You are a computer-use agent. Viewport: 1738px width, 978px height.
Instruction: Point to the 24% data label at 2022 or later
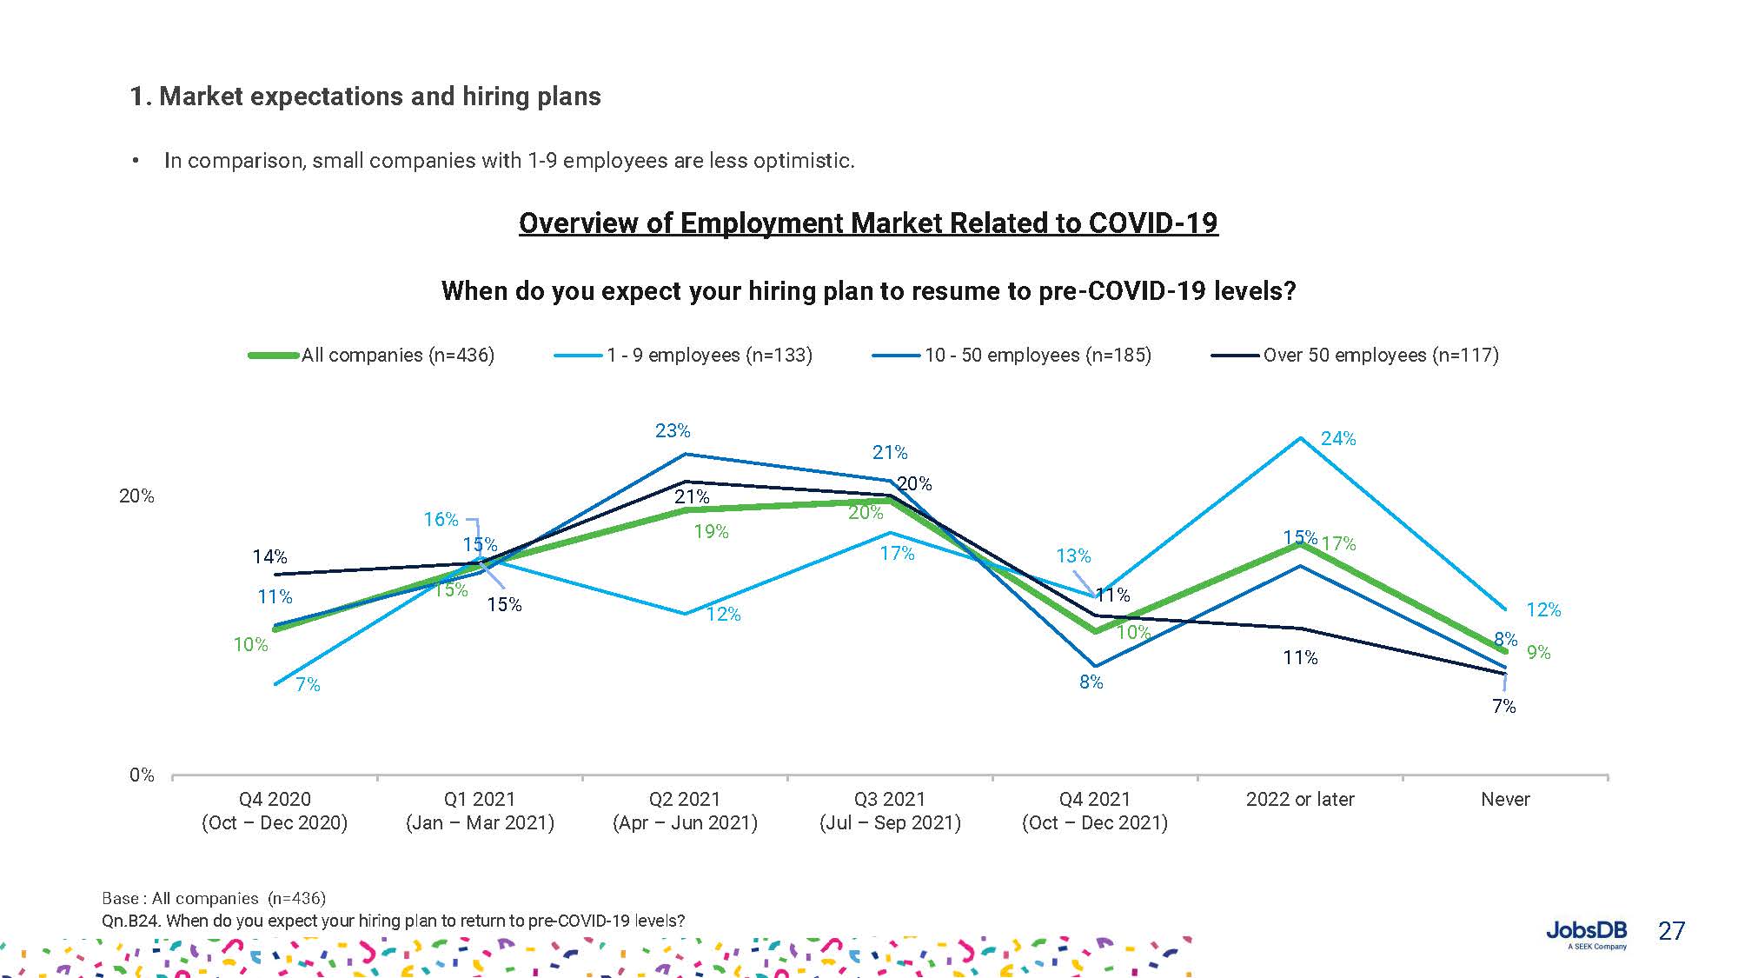(x=1337, y=439)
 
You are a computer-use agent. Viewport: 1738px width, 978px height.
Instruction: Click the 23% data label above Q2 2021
(x=673, y=430)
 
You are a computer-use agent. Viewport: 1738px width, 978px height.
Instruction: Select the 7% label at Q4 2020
(x=308, y=685)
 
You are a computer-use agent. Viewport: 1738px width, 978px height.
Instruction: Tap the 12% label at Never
(x=1543, y=610)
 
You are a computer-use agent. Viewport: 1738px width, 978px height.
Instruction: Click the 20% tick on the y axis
(x=136, y=496)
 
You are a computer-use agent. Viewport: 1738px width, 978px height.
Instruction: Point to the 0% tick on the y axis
(x=142, y=775)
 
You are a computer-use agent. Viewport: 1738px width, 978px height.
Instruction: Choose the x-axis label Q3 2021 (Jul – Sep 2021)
(x=890, y=810)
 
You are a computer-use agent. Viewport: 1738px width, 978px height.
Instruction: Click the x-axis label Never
(x=1505, y=799)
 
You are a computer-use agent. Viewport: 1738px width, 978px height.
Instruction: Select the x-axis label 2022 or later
(x=1300, y=799)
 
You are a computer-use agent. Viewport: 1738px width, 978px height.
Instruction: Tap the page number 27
(x=1671, y=931)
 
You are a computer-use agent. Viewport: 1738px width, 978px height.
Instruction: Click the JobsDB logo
(x=1586, y=933)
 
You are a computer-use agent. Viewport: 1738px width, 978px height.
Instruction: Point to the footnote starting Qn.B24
(x=393, y=921)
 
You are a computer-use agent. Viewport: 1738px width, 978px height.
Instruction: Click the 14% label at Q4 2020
(x=269, y=556)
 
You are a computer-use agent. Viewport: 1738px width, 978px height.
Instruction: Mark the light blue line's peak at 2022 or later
(x=1301, y=437)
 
